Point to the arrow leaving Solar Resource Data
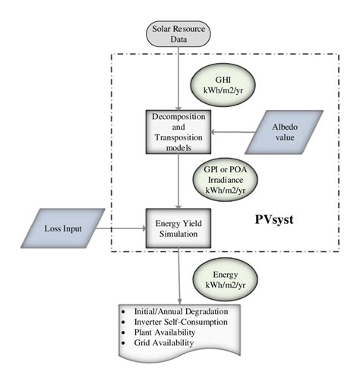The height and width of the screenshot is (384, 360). (178, 72)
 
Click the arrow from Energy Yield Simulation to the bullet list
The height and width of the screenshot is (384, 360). (178, 273)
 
